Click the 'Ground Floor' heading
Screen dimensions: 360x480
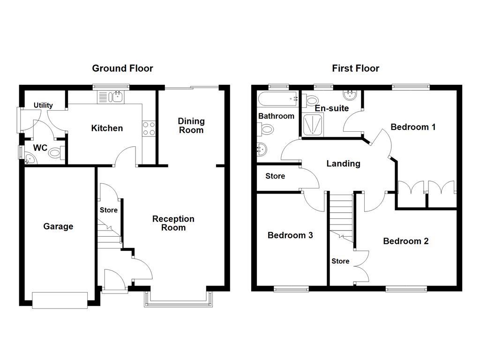[122, 68]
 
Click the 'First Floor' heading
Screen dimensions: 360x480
[355, 68]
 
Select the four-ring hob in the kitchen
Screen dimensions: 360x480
[149, 128]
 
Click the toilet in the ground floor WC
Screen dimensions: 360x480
[56, 152]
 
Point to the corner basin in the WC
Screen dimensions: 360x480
[30, 159]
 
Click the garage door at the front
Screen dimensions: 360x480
[60, 300]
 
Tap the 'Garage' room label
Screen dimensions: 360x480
[58, 226]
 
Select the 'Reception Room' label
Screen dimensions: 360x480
[173, 223]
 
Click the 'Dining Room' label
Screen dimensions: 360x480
[191, 126]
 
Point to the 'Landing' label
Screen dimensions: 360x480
[343, 164]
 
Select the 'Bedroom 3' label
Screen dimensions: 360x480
[290, 235]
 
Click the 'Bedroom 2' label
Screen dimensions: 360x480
[405, 241]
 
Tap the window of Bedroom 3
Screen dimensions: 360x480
[291, 289]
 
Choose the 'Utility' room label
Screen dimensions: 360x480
[43, 105]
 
